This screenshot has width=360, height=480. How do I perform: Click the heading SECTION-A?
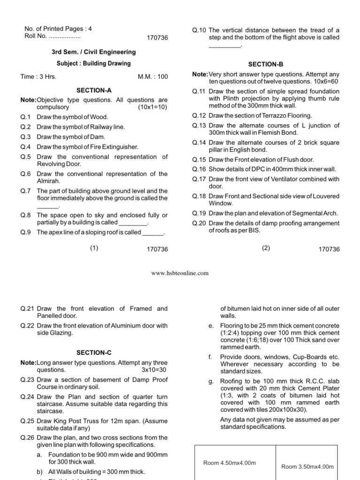94,90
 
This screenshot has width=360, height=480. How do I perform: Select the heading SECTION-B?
266,64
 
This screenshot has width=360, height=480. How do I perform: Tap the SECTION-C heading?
94,352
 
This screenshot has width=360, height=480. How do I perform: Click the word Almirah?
49,181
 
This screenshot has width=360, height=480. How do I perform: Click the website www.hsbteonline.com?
180,273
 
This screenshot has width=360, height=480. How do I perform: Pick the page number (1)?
94,248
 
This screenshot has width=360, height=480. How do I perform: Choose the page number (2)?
266,248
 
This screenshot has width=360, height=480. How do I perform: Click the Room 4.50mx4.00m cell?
229,463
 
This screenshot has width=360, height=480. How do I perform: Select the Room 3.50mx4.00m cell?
307,466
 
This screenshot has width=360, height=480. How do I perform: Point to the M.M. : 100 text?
152,77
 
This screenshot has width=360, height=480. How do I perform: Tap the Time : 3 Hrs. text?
38,77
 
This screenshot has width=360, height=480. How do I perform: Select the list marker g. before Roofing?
211,382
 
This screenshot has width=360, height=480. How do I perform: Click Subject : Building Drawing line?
94,63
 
